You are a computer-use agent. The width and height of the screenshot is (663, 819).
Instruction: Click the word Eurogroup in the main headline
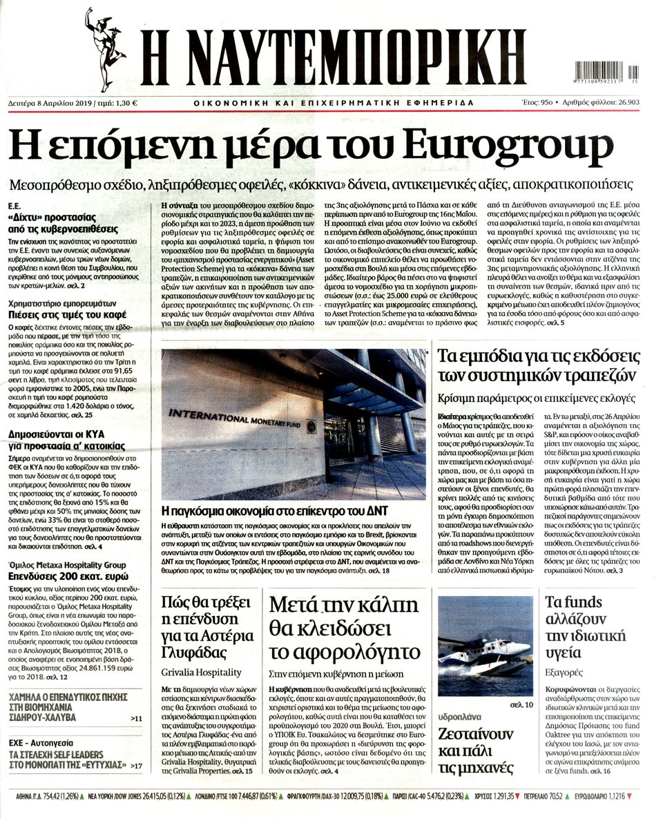pos(506,146)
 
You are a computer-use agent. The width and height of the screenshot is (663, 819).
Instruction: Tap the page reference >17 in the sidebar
pos(136,765)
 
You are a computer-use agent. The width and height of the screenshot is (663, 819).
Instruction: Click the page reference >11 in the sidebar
pos(136,720)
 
